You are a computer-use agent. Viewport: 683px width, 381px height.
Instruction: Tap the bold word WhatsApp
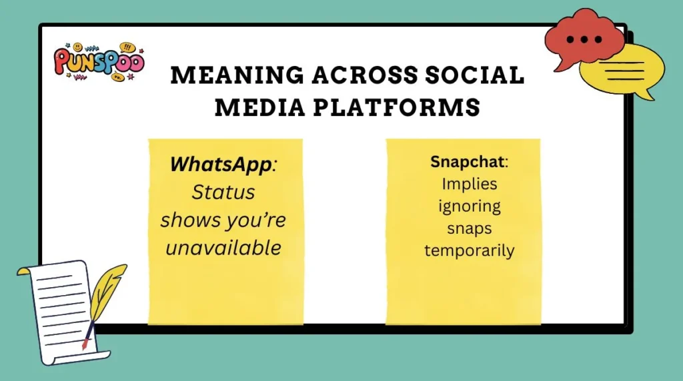221,164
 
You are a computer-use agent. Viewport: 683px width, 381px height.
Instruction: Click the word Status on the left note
223,192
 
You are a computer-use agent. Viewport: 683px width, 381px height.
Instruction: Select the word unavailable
223,247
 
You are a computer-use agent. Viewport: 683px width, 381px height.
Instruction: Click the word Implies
470,184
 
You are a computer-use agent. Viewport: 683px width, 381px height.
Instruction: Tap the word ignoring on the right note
470,206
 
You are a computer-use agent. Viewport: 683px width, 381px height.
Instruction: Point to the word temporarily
470,250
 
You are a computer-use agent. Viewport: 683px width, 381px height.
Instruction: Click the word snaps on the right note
470,228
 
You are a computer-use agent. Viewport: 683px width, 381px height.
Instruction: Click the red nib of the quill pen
85,344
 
